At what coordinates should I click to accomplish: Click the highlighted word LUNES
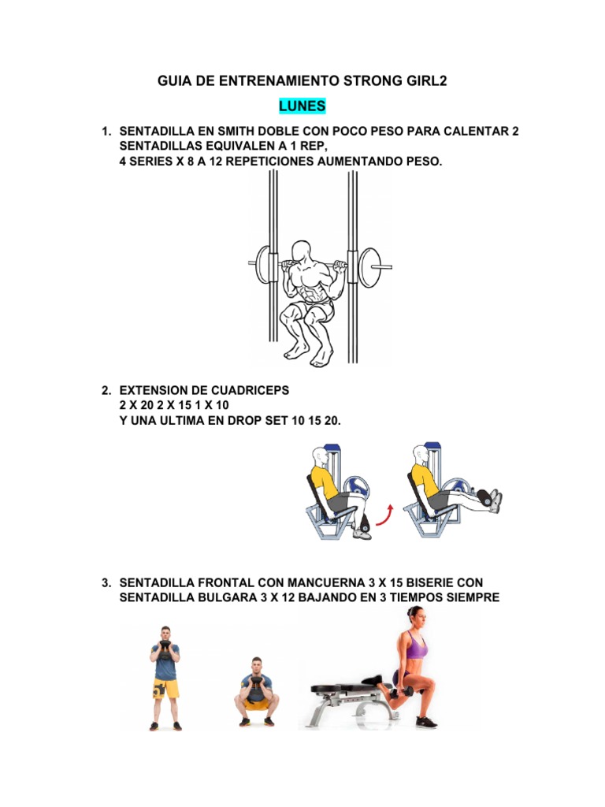pos(302,106)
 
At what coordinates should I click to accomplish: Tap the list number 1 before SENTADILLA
pos(106,131)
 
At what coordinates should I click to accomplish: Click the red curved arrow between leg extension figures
pos(386,517)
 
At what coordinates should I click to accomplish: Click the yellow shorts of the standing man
pos(165,687)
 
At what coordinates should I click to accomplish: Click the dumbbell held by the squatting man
pos(256,693)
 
